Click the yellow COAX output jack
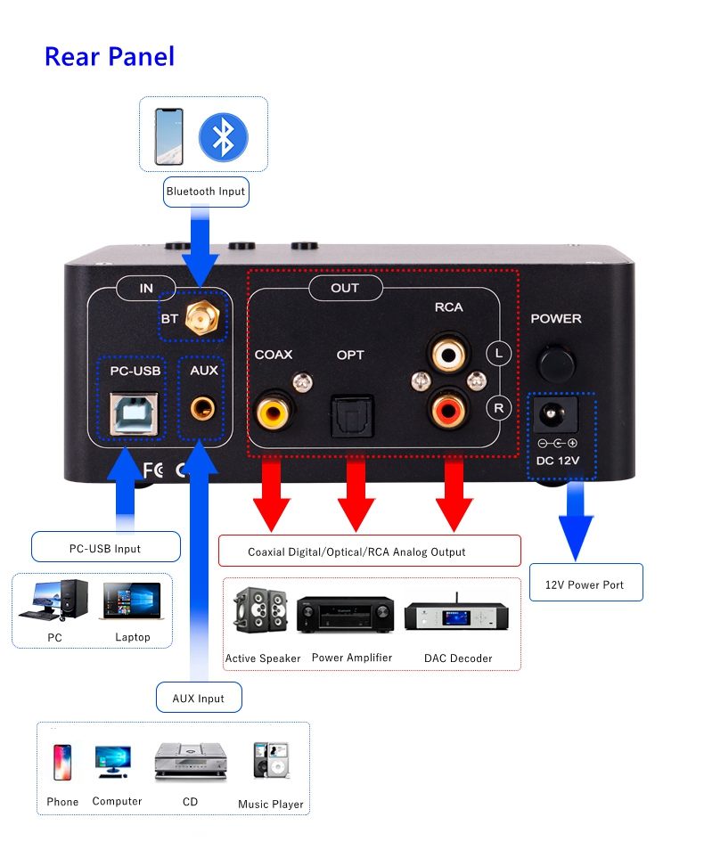click(x=273, y=411)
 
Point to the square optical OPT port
click(x=348, y=413)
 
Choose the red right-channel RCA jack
click(x=446, y=410)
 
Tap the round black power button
click(x=557, y=361)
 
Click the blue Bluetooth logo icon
click(x=223, y=136)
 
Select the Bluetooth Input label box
click(x=205, y=191)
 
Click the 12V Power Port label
click(x=585, y=584)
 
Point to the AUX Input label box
click(x=198, y=698)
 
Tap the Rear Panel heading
click(x=110, y=56)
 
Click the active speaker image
click(x=260, y=609)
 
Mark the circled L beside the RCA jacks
click(x=499, y=354)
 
